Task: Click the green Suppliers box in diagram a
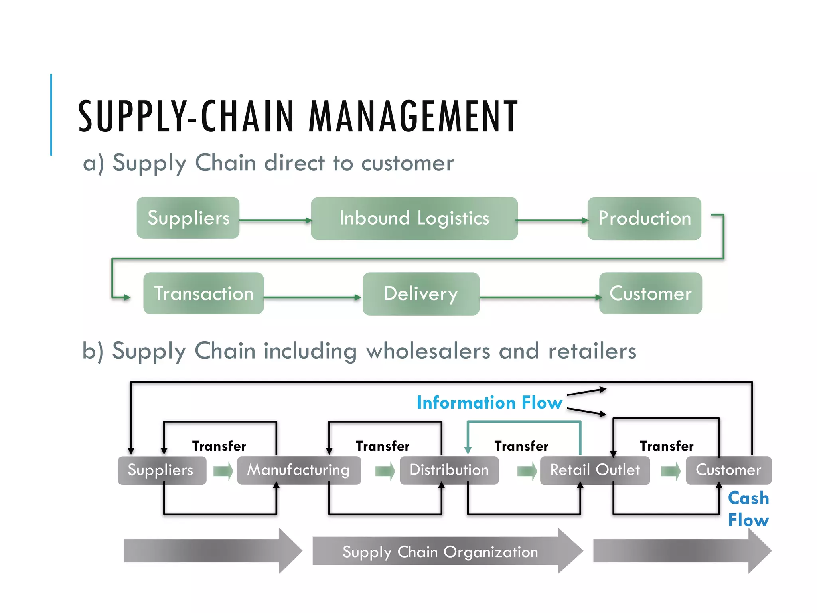pos(188,218)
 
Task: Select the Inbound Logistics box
pos(414,218)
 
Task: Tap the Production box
pos(644,218)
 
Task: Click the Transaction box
pos(203,293)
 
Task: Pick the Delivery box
pos(421,294)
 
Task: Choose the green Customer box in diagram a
pos(650,293)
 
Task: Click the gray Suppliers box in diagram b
pos(162,470)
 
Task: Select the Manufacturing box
pos(298,470)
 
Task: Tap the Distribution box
pos(449,470)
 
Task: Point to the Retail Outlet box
pos(595,470)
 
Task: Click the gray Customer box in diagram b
pos(728,470)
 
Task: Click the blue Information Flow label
pos(489,403)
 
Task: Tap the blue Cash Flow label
pos(748,509)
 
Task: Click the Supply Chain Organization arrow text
pos(440,552)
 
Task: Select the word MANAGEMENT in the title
pos(413,117)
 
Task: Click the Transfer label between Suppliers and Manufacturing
pos(219,446)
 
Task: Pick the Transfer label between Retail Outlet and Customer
pos(667,446)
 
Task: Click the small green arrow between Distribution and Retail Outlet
pos(527,471)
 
